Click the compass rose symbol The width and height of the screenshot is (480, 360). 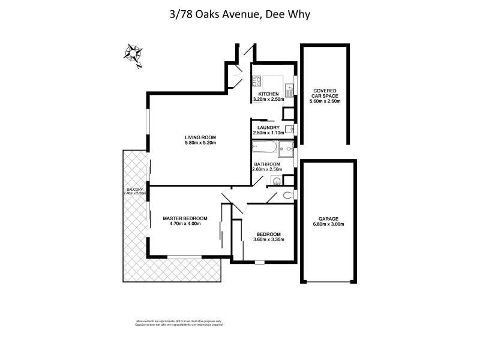[133, 53]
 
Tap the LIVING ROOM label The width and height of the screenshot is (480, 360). [200, 137]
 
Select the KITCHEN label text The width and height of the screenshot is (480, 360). [268, 94]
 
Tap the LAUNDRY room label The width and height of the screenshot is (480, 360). [268, 127]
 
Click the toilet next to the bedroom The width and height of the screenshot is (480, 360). [287, 194]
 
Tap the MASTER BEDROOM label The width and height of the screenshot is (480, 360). [185, 218]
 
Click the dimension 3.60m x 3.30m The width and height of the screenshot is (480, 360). [268, 239]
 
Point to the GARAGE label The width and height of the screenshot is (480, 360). [328, 218]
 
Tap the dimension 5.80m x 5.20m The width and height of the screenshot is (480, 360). [200, 143]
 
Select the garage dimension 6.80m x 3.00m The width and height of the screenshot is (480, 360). [328, 224]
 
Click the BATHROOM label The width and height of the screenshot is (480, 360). [267, 164]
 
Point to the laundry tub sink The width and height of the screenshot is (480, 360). [290, 128]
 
